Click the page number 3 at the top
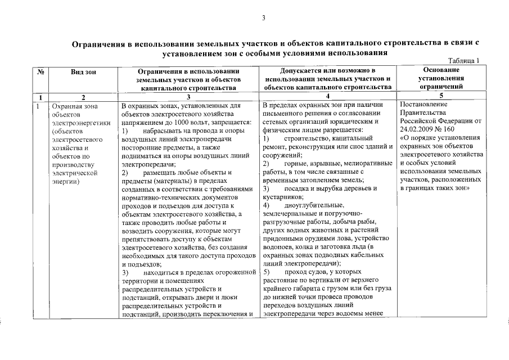263,19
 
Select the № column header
40,71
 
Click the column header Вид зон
83,71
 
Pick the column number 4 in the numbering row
328,97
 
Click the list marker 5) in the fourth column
267,272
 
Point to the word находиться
160,272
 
